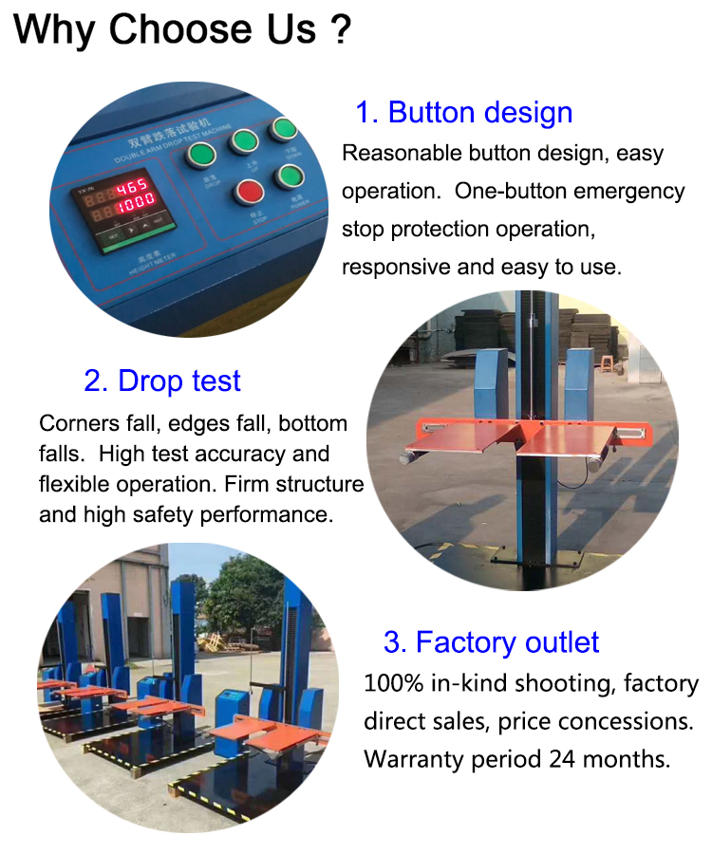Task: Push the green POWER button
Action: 289,176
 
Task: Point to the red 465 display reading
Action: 130,186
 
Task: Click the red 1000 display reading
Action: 130,205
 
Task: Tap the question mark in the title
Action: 338,30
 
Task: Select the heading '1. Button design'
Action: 463,112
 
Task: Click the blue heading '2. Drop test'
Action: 162,381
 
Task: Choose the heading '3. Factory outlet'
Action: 491,642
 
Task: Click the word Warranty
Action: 410,759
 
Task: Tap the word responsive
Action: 396,267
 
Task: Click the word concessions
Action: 638,721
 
